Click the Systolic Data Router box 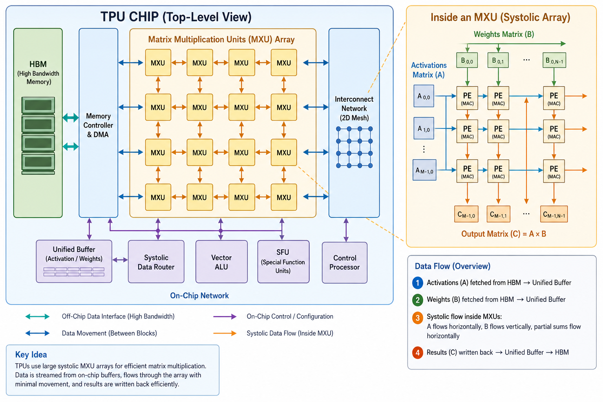pyautogui.click(x=156, y=261)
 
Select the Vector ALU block pyautogui.click(x=221, y=261)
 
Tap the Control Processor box pyautogui.click(x=345, y=263)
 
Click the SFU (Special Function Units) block pyautogui.click(x=283, y=261)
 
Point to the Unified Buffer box pyautogui.click(x=74, y=261)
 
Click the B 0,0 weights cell pyautogui.click(x=467, y=60)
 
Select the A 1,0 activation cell pyautogui.click(x=424, y=128)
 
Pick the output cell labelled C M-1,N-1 pyautogui.click(x=554, y=214)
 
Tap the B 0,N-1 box pyautogui.click(x=554, y=60)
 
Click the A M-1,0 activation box pyautogui.click(x=424, y=170)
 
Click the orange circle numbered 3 pyautogui.click(x=418, y=318)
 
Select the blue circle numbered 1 pyautogui.click(x=418, y=283)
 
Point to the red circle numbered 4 pyautogui.click(x=418, y=353)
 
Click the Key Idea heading pyautogui.click(x=31, y=354)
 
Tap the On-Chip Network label pyautogui.click(x=199, y=296)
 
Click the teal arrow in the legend pyautogui.click(x=37, y=316)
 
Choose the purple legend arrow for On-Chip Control pyautogui.click(x=225, y=316)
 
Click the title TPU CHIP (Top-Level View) pyautogui.click(x=176, y=17)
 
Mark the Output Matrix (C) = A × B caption pyautogui.click(x=504, y=234)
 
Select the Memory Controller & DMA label pyautogui.click(x=98, y=125)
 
